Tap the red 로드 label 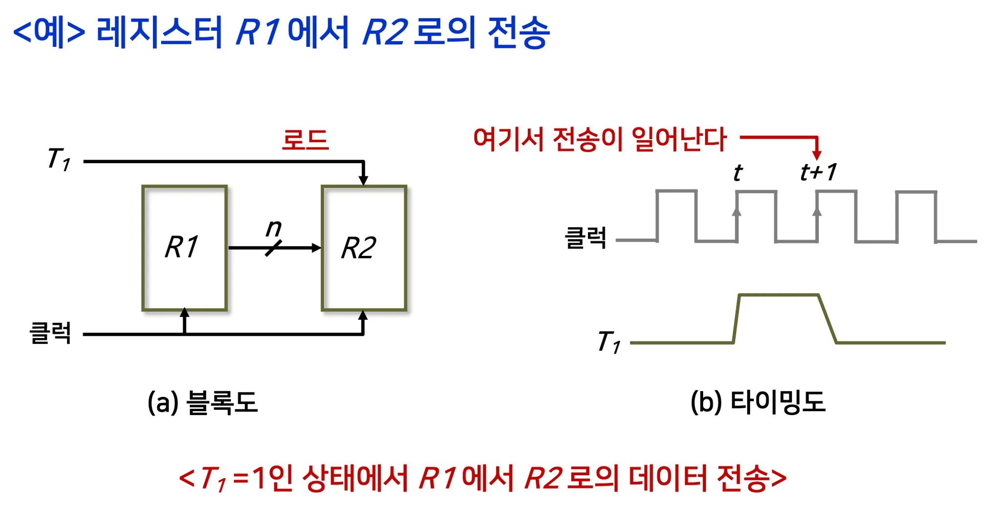[x=305, y=140]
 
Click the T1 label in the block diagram [x=59, y=159]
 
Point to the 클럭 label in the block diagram [x=50, y=333]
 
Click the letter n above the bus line [x=274, y=228]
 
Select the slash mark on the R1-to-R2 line [x=273, y=248]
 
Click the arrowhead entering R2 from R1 [x=316, y=248]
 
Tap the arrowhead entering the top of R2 [x=363, y=180]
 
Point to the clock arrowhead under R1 [x=185, y=313]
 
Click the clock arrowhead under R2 [x=363, y=316]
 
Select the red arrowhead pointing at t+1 [x=817, y=155]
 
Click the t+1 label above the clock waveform [x=818, y=172]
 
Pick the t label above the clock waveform [x=738, y=173]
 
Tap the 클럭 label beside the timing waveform [x=585, y=238]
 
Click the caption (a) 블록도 [x=203, y=402]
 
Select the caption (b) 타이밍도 [x=758, y=402]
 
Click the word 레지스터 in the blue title [x=160, y=32]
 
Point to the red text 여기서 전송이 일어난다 [x=600, y=139]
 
